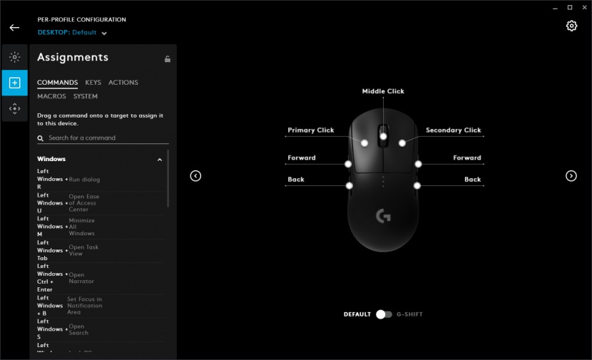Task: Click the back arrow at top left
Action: click(x=14, y=28)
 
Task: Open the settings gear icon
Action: click(x=571, y=26)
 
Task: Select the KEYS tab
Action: click(x=93, y=83)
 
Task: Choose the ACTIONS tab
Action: click(x=123, y=83)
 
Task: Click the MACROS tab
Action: click(x=51, y=96)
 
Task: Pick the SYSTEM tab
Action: click(x=86, y=96)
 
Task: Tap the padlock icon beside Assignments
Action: click(x=168, y=59)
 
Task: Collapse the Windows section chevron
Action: click(x=160, y=160)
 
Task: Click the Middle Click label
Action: click(x=383, y=91)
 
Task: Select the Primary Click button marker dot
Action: click(x=364, y=143)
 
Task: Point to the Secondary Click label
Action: click(x=453, y=130)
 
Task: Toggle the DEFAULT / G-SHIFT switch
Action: click(x=384, y=314)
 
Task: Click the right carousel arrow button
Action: click(x=571, y=176)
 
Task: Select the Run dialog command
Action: click(x=84, y=180)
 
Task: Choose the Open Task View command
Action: click(x=83, y=250)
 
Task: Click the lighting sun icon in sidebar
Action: click(x=14, y=57)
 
